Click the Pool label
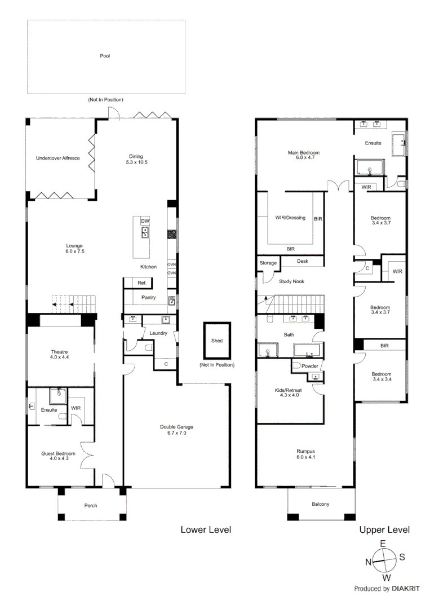click(x=105, y=56)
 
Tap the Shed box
click(x=216, y=341)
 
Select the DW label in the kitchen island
click(x=145, y=221)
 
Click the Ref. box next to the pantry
click(x=142, y=283)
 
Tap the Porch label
click(x=91, y=505)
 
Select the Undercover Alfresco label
click(x=57, y=158)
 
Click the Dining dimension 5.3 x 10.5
click(x=135, y=163)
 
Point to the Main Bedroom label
click(x=304, y=153)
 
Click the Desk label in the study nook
click(x=303, y=262)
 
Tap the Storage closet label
click(x=268, y=263)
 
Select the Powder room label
click(x=309, y=367)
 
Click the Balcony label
click(x=320, y=504)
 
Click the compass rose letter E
click(x=383, y=544)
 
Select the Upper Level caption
click(x=384, y=530)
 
